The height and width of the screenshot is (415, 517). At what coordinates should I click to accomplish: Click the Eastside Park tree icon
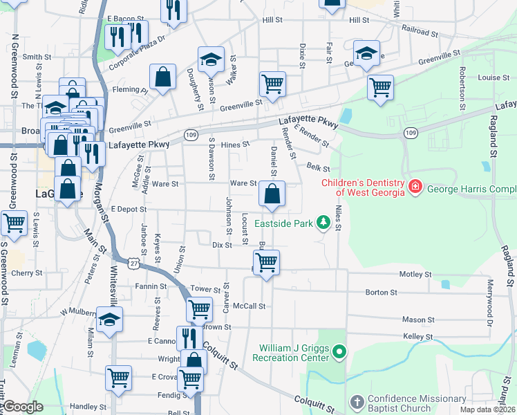pyautogui.click(x=322, y=222)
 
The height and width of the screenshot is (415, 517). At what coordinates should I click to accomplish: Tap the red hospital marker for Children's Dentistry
pyautogui.click(x=415, y=187)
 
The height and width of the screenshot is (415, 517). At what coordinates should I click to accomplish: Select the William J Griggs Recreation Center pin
pyautogui.click(x=339, y=353)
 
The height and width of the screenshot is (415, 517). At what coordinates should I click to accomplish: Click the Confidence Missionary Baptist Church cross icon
pyautogui.click(x=356, y=403)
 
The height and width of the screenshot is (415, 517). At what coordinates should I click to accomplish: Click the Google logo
pyautogui.click(x=23, y=407)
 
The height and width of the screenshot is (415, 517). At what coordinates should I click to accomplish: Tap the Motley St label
pyautogui.click(x=415, y=275)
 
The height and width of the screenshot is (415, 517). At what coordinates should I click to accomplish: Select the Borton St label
pyautogui.click(x=381, y=293)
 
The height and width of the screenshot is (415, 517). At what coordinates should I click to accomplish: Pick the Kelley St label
pyautogui.click(x=417, y=336)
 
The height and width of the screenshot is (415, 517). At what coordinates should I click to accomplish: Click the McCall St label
pyautogui.click(x=249, y=306)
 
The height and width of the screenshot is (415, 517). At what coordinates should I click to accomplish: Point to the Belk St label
pyautogui.click(x=319, y=168)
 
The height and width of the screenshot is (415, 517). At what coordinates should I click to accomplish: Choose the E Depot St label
pyautogui.click(x=128, y=209)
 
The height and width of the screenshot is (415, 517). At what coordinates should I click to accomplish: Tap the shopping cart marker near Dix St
pyautogui.click(x=266, y=263)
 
